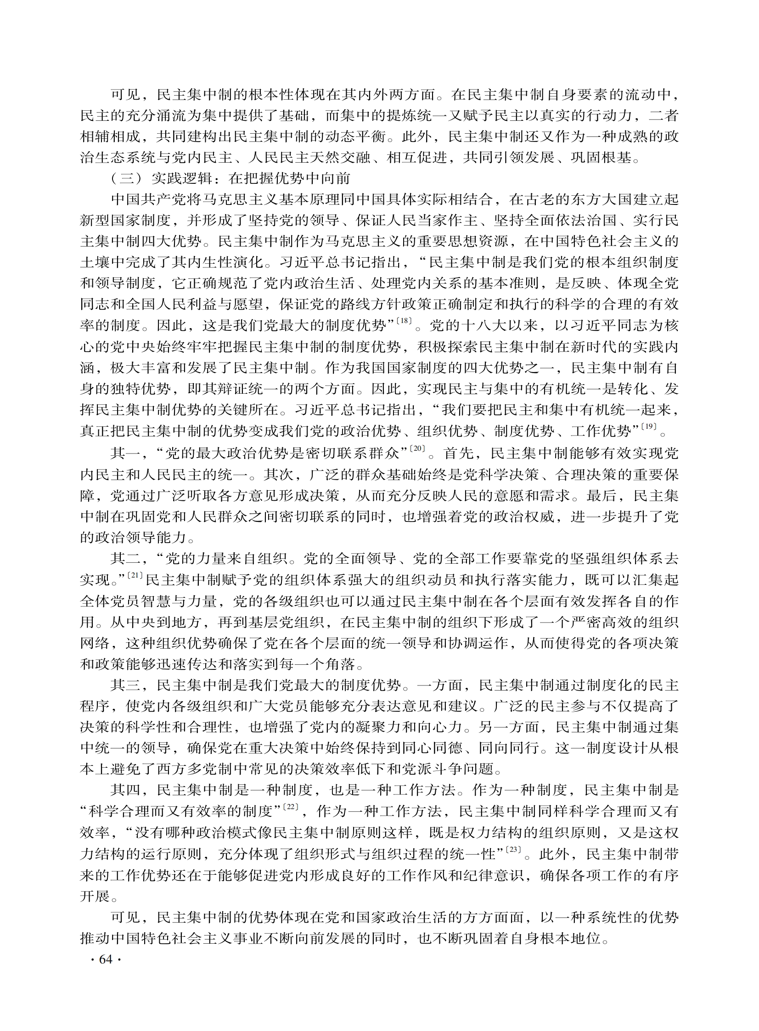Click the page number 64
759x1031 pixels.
106,960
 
